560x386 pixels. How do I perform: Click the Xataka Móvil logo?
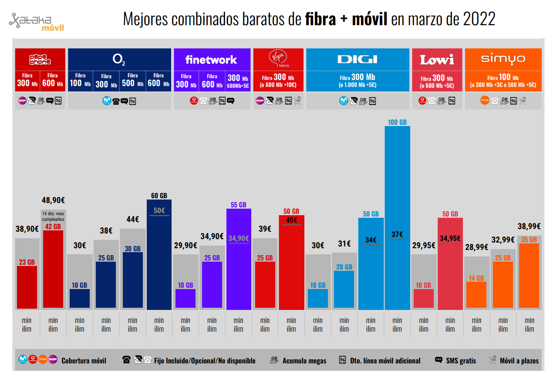tap(37, 23)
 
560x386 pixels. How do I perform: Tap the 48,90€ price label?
tap(53, 200)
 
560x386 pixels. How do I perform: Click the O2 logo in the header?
tap(119, 59)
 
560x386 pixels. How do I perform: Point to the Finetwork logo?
tap(211, 60)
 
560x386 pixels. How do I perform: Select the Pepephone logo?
tap(40, 60)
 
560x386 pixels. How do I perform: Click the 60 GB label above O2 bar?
tap(159, 196)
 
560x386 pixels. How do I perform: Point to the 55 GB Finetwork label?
tap(238, 205)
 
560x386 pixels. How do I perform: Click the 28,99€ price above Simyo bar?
tap(476, 247)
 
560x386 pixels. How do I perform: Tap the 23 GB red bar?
tap(27, 287)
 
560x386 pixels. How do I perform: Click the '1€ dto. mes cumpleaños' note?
tap(53, 216)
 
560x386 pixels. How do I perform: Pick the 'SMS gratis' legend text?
tap(461, 361)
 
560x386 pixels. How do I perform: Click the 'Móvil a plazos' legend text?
tap(519, 361)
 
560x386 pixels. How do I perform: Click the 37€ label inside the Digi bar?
tap(397, 234)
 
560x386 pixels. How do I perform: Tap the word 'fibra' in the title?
tap(320, 20)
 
